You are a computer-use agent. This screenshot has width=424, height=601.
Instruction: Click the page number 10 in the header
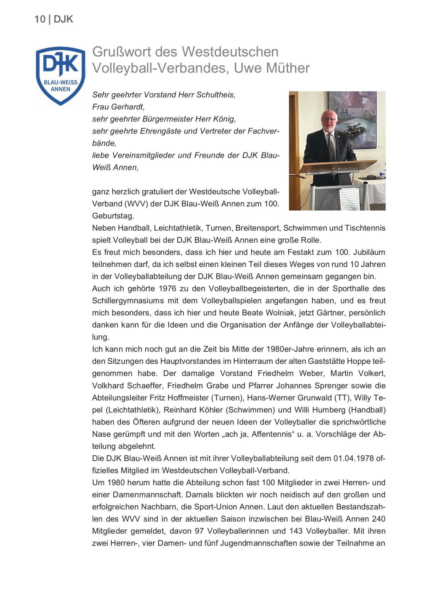[40, 19]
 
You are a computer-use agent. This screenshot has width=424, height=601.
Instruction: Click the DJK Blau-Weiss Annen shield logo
[60, 75]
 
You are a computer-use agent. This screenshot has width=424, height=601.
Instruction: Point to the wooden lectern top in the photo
[337, 166]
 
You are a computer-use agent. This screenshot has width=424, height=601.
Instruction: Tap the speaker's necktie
[331, 145]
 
